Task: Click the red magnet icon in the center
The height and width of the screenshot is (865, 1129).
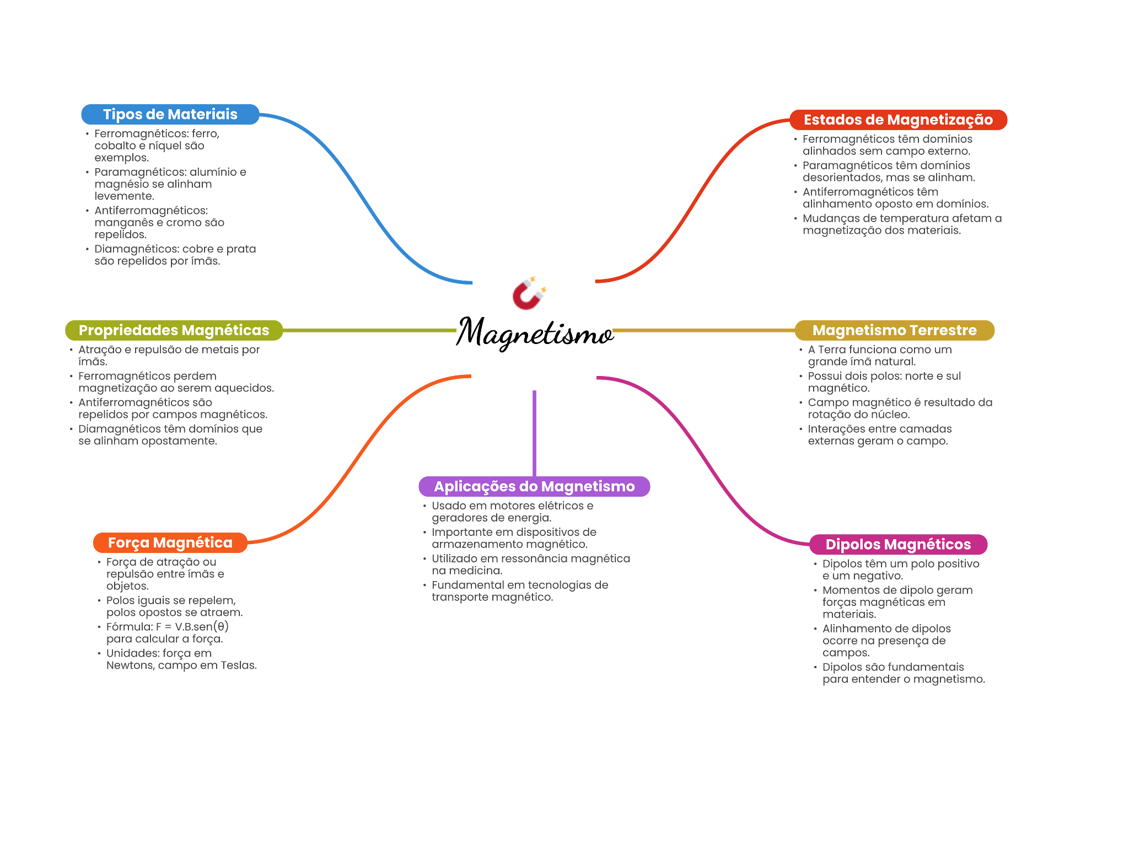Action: tap(529, 293)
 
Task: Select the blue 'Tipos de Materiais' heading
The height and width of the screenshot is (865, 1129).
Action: tap(170, 115)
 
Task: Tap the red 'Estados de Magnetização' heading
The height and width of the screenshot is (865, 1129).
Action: tap(898, 120)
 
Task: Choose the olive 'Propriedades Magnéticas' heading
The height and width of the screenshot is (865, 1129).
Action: tap(174, 330)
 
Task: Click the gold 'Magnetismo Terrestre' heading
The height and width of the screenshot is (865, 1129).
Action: tap(894, 330)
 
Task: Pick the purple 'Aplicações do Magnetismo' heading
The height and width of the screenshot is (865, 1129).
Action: tap(534, 486)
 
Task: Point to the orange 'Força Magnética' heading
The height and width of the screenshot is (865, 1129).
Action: tap(170, 543)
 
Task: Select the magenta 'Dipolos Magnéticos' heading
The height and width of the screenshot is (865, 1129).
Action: tap(898, 544)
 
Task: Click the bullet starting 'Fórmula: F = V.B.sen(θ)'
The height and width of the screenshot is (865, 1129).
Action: tap(167, 633)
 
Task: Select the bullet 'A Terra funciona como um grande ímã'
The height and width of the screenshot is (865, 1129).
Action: tap(879, 356)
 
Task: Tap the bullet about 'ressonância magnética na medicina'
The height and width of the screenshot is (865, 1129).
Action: tap(530, 565)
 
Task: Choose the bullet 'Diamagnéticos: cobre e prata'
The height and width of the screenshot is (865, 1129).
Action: tap(175, 255)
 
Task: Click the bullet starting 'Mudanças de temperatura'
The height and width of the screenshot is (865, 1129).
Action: tap(902, 224)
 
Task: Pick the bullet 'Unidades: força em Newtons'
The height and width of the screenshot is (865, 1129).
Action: tap(181, 659)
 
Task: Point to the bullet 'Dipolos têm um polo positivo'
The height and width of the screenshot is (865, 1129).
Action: tap(900, 569)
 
